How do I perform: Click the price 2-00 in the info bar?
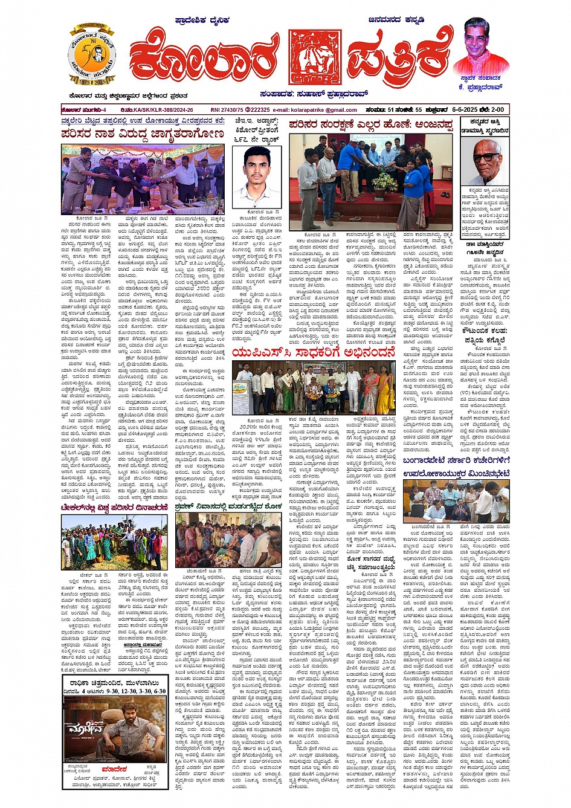point(500,110)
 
